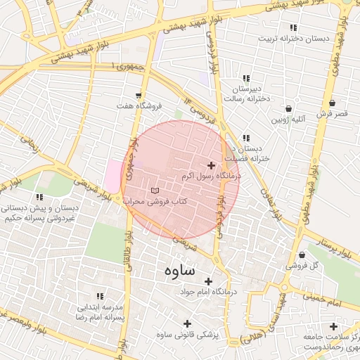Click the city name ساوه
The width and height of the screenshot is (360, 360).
pos(179,269)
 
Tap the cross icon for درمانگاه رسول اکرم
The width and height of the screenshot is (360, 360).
pos(211,165)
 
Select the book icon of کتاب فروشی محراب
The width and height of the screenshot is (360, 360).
pos(155,191)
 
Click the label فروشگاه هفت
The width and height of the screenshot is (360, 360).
pos(139,105)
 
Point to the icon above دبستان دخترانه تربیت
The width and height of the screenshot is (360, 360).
pos(292,27)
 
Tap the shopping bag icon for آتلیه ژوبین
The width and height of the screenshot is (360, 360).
pos(289,109)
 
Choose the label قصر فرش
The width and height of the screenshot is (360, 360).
pos(332,112)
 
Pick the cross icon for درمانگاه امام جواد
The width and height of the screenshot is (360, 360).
pos(209,281)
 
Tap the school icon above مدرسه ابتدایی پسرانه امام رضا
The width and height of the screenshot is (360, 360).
pos(100,297)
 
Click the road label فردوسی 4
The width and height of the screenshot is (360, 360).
pos(205,115)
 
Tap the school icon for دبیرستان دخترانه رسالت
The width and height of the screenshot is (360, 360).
pos(245,78)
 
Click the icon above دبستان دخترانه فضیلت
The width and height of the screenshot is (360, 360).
pos(245,138)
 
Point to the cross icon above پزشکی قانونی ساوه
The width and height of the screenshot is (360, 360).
pos(187,323)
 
